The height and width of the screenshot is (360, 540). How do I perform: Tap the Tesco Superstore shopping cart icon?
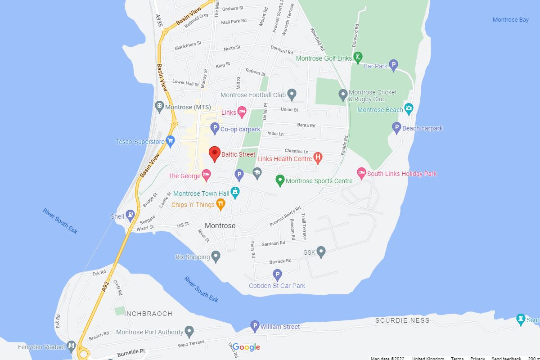coord(170,142)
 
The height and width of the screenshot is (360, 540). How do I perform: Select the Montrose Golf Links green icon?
coord(358,57)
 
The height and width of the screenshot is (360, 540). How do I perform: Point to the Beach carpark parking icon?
coord(396,128)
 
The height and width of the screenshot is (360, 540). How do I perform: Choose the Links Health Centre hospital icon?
coord(318,158)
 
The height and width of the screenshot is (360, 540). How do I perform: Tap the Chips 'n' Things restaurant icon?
coord(220,204)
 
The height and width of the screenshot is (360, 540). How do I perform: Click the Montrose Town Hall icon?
coord(234,193)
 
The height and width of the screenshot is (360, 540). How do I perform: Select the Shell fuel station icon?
coord(130,216)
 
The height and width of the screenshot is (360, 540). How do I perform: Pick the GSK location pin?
coord(321,252)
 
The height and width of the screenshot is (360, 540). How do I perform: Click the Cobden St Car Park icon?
coord(278,274)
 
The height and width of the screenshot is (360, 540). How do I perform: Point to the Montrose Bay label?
coord(510,20)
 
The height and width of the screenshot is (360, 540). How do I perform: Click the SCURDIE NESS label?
coord(402,320)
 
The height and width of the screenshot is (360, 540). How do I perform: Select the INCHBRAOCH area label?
coord(148,314)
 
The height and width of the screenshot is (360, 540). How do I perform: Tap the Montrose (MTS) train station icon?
coord(159,107)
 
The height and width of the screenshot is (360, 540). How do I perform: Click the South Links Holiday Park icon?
coord(361,173)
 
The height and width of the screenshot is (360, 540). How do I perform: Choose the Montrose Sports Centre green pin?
coord(280,180)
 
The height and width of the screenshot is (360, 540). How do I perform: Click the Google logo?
coord(247,347)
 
